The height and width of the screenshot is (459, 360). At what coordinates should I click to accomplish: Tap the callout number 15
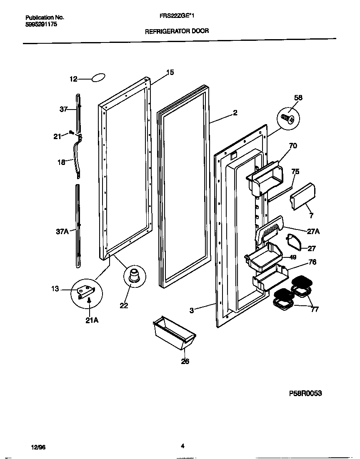[x=170, y=72]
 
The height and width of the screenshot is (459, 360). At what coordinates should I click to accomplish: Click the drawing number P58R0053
[x=305, y=393]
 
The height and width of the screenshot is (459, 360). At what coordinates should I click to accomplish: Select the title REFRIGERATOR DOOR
[x=177, y=31]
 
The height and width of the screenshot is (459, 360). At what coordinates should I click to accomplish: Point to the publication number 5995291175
[x=41, y=24]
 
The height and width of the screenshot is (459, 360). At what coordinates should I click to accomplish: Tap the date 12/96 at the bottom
[x=38, y=447]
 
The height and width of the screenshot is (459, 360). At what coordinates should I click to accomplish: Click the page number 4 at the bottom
[x=182, y=446]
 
